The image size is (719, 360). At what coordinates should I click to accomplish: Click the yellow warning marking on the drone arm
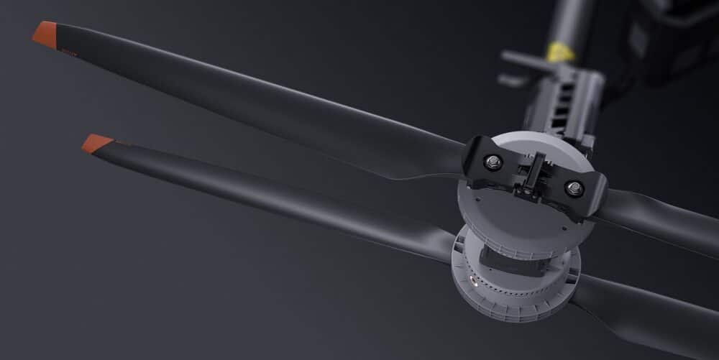561,52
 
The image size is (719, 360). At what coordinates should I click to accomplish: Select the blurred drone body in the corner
676,36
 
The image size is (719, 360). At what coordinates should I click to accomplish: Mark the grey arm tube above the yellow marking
568,18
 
